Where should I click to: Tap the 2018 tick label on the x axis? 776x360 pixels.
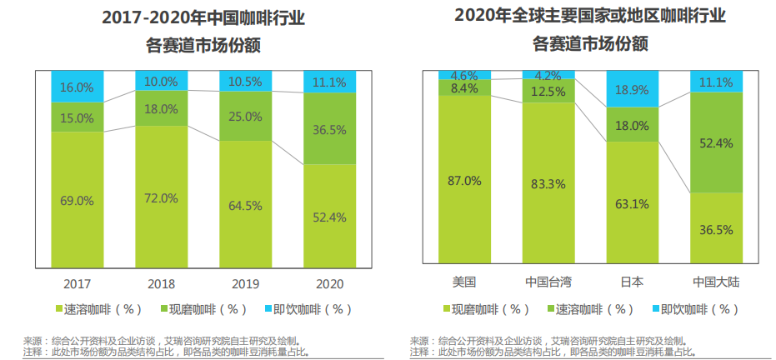coord(160,283)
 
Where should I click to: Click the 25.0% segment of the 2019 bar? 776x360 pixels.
coord(244,117)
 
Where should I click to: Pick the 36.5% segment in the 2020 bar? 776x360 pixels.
coord(329,129)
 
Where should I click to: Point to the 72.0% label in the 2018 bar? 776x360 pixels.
coord(160,198)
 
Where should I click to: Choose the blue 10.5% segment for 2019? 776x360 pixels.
coord(244,82)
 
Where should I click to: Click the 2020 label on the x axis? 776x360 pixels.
coord(329,283)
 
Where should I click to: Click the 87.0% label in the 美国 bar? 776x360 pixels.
coord(465,181)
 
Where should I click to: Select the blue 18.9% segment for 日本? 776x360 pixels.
coord(632,90)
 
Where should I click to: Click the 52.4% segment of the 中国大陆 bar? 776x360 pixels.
coord(716,143)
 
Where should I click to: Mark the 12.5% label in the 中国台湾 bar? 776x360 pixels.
coord(548,91)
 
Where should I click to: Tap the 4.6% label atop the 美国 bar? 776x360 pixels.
coord(465,75)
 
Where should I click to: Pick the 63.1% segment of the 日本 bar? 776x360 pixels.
coord(632,203)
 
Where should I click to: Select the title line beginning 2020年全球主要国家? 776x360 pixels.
coord(589,16)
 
